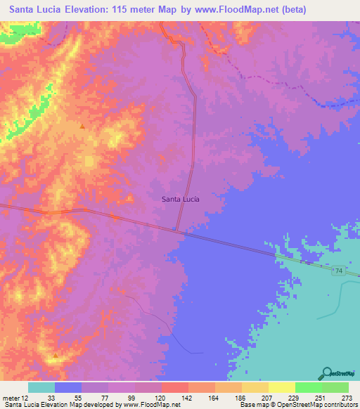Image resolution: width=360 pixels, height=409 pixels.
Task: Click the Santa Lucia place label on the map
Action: (181, 199)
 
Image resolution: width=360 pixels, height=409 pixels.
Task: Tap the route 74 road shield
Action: (338, 271)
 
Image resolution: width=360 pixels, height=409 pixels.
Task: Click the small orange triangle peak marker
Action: (82, 126)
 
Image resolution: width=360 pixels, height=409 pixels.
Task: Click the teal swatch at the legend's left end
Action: (41, 387)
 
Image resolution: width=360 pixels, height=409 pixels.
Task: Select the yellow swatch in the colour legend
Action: (281, 387)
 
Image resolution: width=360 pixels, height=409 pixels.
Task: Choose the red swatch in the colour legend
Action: (174, 387)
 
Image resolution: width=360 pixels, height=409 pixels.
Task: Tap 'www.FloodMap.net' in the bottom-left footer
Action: (147, 405)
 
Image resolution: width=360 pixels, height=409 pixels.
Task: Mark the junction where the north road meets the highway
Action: (176, 229)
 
